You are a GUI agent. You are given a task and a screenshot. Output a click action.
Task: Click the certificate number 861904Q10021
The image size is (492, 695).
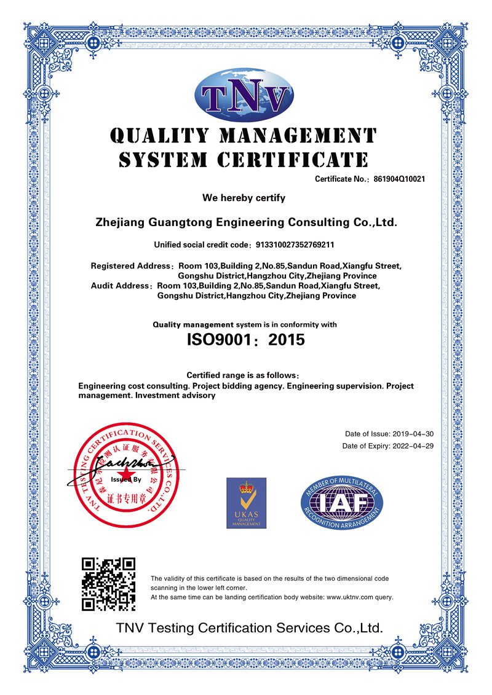397,179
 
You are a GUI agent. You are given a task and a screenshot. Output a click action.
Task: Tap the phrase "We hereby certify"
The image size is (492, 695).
244,198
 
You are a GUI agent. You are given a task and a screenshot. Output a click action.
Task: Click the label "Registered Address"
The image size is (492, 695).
130,266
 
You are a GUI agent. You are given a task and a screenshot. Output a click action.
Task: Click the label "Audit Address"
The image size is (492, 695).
121,286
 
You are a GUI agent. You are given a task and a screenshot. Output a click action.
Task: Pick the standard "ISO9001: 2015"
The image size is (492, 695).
245,339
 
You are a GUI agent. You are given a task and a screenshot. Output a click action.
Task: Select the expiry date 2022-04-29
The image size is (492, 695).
413,446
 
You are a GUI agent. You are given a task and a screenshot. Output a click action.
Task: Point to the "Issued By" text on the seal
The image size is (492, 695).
126,479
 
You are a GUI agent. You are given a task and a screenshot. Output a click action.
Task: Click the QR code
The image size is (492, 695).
108,584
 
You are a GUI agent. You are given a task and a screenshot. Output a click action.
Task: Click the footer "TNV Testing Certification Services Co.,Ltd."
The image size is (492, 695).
250,628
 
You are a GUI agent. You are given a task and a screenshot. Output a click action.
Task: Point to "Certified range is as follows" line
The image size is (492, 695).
242,375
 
